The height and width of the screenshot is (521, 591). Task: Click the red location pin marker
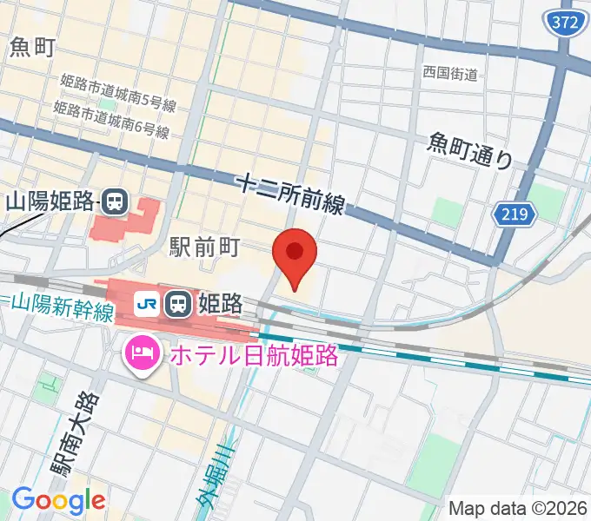point(295,254)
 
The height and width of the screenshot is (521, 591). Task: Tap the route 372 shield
point(566,23)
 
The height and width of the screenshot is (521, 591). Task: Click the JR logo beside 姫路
point(147,303)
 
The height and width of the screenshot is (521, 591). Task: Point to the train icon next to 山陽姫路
point(114,202)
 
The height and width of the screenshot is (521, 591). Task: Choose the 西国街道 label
point(450,74)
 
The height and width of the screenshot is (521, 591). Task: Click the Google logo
point(57,500)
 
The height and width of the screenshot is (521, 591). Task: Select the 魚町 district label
point(33,48)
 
